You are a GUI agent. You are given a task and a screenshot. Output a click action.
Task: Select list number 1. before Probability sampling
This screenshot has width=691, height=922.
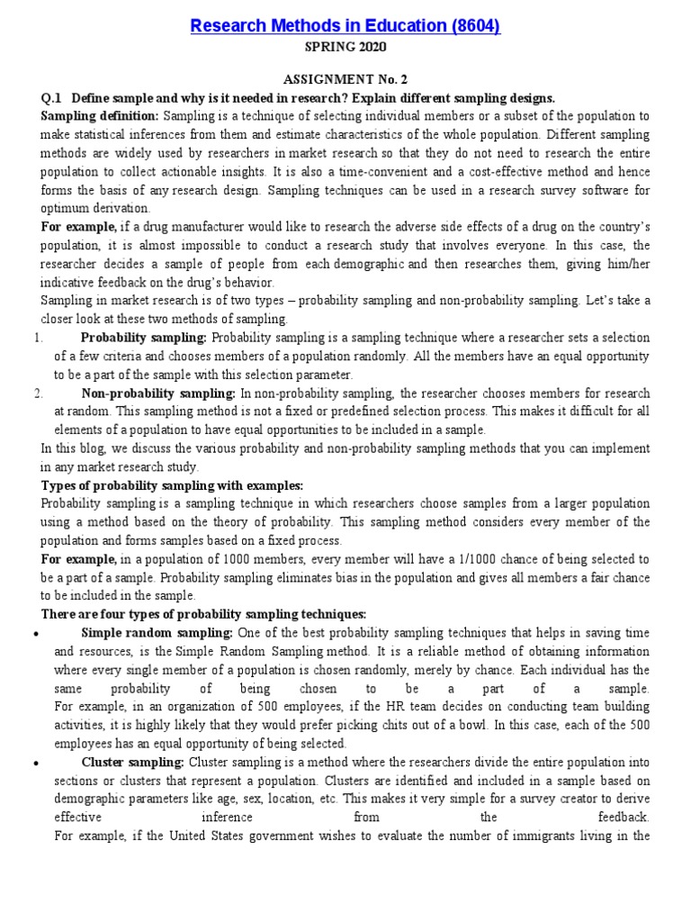point(39,338)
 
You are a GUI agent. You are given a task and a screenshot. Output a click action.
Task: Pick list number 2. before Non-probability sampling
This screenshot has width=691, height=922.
point(39,393)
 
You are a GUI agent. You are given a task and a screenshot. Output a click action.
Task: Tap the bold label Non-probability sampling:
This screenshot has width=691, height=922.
point(158,393)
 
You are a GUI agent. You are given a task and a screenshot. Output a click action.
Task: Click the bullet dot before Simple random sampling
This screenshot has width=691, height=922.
point(35,634)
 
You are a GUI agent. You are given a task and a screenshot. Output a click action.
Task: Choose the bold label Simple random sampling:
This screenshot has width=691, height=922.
point(159,633)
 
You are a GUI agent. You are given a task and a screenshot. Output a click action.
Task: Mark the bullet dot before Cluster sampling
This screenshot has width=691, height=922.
point(35,763)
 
